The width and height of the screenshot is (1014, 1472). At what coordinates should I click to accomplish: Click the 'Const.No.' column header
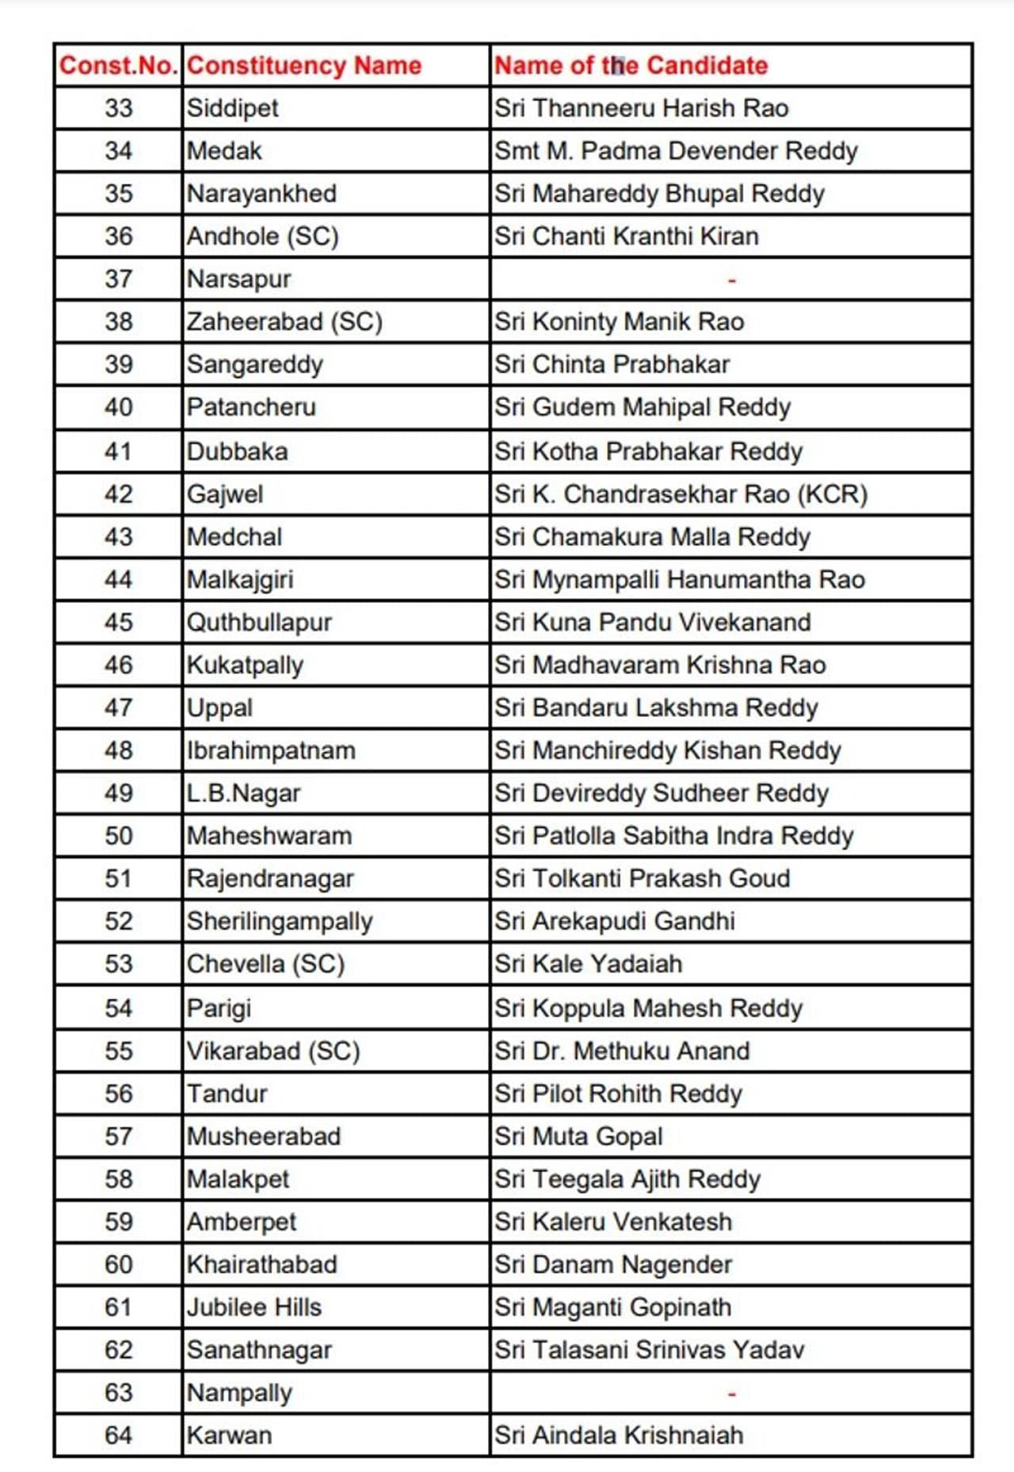point(118,65)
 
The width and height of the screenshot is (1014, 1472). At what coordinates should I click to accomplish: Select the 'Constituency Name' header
point(304,65)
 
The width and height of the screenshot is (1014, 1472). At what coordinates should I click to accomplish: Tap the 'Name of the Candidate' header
point(631,65)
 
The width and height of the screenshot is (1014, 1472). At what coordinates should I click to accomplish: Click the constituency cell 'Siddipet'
point(233,108)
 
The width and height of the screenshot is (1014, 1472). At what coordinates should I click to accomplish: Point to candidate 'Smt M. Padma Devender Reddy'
point(676,151)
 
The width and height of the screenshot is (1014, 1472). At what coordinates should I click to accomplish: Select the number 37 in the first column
point(118,279)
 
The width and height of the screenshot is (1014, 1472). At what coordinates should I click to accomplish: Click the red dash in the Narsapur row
point(731,280)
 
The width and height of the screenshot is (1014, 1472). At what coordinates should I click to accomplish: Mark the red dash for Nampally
point(731,1393)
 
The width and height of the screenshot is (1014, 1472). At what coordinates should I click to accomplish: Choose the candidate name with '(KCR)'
point(681,494)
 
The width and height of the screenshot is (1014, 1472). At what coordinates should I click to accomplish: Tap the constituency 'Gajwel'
point(225,494)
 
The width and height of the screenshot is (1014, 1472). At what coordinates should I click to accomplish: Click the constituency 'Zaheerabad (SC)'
point(284,322)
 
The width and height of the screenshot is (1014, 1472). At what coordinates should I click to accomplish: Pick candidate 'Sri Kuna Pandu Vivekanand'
point(653,623)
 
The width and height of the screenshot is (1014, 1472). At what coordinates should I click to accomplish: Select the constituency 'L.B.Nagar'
point(244,793)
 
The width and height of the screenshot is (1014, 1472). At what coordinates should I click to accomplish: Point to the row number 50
point(118,836)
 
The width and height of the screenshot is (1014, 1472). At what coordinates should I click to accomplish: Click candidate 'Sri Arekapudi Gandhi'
point(615,921)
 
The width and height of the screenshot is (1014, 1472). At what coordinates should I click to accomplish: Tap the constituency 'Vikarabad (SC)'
point(273,1051)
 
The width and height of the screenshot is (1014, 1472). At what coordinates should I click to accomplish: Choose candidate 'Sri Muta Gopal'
point(578,1137)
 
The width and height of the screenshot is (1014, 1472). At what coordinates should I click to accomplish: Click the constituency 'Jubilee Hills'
point(254,1307)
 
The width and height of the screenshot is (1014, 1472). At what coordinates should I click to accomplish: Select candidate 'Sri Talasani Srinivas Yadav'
point(650,1350)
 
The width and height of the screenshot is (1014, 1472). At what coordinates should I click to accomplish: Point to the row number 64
point(118,1436)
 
